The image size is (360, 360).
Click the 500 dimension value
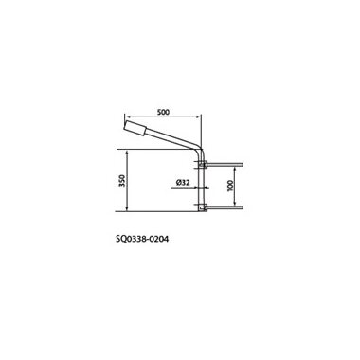[164, 112]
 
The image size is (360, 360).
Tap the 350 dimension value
[122, 180]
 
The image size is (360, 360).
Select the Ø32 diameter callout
[183, 182]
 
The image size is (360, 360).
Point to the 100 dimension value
[230, 186]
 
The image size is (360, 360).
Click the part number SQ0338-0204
[142, 239]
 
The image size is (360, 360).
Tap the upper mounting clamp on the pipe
[203, 164]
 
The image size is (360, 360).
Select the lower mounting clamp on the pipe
[203, 207]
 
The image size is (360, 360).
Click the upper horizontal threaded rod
[225, 164]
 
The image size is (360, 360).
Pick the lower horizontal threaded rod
[225, 207]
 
